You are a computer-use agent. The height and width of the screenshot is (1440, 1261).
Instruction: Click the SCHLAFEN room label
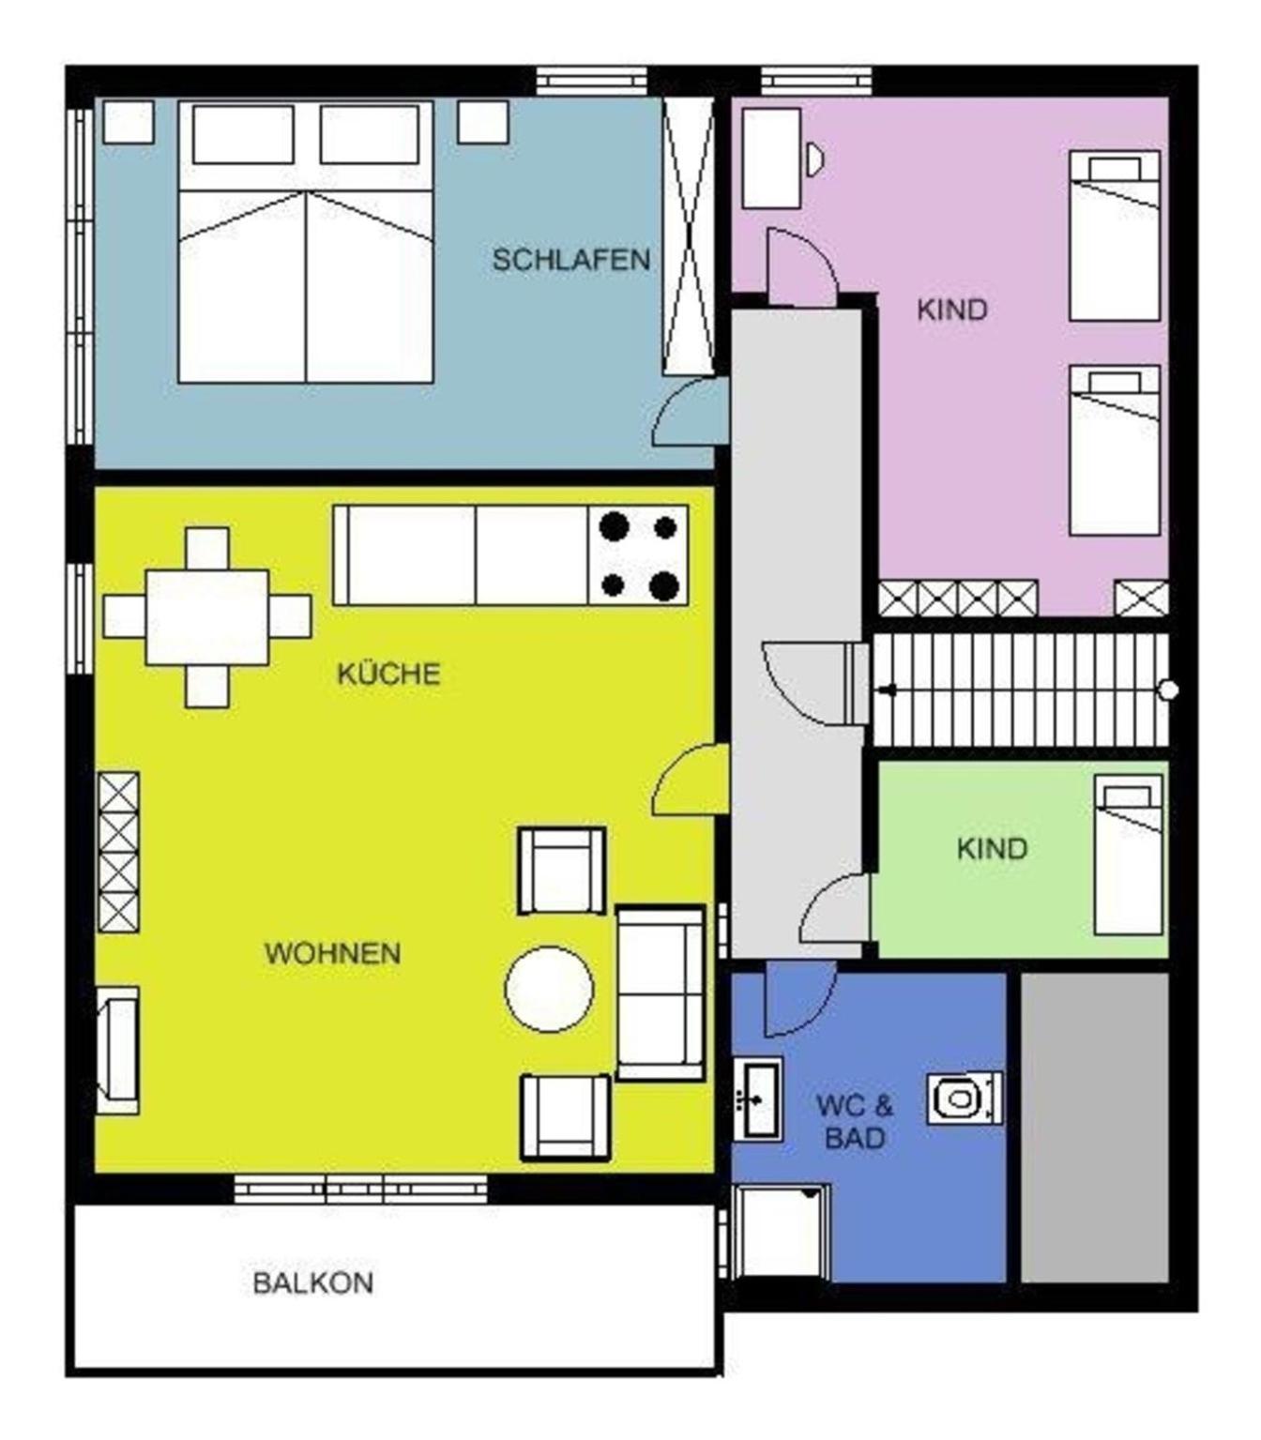click(x=570, y=260)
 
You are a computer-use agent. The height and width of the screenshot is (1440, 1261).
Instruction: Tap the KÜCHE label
click(x=388, y=674)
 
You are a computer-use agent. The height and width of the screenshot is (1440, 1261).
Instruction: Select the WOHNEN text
click(x=332, y=953)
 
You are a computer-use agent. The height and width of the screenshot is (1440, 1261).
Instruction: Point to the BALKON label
click(x=312, y=1283)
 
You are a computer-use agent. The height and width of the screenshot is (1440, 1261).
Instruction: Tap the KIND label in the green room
click(x=992, y=849)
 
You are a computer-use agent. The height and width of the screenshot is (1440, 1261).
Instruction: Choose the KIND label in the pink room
click(x=951, y=310)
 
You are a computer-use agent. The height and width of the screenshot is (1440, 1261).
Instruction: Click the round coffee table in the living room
click(x=549, y=989)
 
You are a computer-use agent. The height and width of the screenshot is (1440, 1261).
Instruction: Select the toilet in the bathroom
click(x=965, y=1098)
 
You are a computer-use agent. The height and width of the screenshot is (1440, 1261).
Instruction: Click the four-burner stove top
click(x=638, y=555)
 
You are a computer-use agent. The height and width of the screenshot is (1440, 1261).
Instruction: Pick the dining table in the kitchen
click(x=206, y=617)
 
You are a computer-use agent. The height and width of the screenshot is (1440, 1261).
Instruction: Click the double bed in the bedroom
click(x=306, y=241)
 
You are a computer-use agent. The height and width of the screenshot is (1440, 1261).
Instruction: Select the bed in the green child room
click(x=1128, y=855)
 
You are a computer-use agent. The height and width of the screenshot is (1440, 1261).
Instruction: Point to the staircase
click(x=1021, y=689)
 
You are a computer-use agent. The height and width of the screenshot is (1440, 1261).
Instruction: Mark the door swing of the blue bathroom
click(x=799, y=999)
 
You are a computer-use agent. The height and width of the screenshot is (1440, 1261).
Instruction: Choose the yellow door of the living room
click(x=690, y=780)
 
